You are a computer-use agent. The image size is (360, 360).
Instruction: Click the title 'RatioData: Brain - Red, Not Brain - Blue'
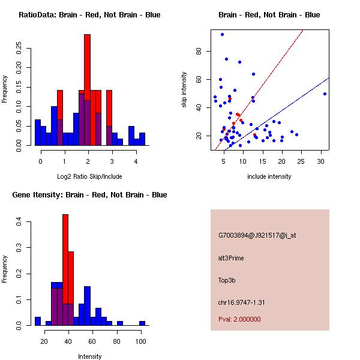(89, 15)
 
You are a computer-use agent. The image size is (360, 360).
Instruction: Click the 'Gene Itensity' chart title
(89, 195)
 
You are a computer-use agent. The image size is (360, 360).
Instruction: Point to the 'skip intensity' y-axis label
(184, 90)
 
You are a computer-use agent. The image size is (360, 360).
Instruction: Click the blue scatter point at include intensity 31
(325, 94)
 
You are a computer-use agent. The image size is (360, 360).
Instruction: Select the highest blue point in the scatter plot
(222, 34)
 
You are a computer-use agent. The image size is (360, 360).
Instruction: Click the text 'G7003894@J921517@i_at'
(257, 235)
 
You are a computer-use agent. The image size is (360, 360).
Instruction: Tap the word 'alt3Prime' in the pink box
(231, 258)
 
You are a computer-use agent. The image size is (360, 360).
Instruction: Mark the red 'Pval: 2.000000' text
(239, 319)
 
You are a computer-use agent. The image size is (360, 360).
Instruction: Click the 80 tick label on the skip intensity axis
(200, 51)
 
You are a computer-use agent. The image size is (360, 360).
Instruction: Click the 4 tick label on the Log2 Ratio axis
(136, 161)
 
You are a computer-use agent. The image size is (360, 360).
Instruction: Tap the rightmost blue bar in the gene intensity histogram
(142, 323)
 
